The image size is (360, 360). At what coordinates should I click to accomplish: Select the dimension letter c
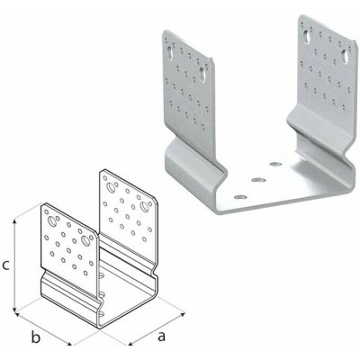click(x=6, y=265)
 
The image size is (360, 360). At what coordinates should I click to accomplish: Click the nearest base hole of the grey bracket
click(x=239, y=193)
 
